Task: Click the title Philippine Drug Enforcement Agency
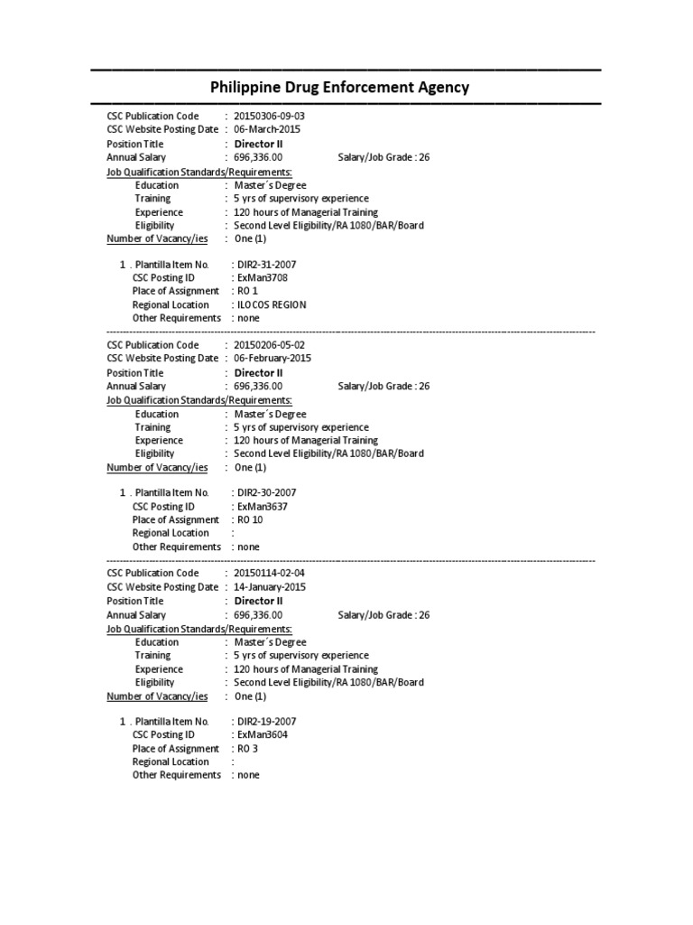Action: tap(339, 88)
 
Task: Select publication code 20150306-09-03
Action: tap(275, 117)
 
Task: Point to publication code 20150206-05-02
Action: tap(275, 345)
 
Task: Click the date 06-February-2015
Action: tap(272, 358)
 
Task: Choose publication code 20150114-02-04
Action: tap(275, 574)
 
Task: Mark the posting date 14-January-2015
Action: tap(270, 586)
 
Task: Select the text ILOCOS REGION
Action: tap(272, 304)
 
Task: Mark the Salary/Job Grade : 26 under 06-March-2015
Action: tap(383, 157)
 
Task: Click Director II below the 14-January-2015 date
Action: tap(259, 601)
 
